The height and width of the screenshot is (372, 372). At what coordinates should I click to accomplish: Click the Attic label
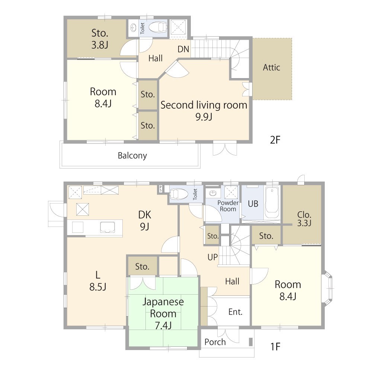(272, 67)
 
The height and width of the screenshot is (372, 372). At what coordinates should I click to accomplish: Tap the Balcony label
(132, 155)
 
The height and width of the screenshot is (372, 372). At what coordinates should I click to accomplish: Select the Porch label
(215, 342)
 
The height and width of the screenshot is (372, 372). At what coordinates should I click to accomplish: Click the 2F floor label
(275, 140)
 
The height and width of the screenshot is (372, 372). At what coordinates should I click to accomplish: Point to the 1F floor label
(275, 347)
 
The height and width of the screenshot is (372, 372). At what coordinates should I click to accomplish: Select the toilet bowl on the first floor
(179, 194)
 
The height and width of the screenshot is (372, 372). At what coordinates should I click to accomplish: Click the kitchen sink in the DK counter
(108, 227)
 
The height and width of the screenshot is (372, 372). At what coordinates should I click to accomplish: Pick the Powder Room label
(228, 206)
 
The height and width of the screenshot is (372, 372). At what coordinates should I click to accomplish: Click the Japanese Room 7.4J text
(163, 314)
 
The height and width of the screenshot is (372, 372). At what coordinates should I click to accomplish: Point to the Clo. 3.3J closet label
(304, 218)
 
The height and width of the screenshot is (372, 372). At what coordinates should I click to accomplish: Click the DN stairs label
(183, 49)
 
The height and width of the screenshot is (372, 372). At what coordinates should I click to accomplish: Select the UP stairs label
(212, 257)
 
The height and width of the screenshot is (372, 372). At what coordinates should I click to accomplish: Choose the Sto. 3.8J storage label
(100, 39)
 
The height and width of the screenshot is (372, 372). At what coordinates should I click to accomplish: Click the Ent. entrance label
(235, 312)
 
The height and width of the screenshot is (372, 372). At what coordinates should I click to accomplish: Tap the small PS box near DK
(161, 189)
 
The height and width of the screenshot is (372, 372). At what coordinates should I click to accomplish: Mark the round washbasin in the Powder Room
(213, 193)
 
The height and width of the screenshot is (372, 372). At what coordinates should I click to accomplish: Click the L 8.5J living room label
(98, 281)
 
